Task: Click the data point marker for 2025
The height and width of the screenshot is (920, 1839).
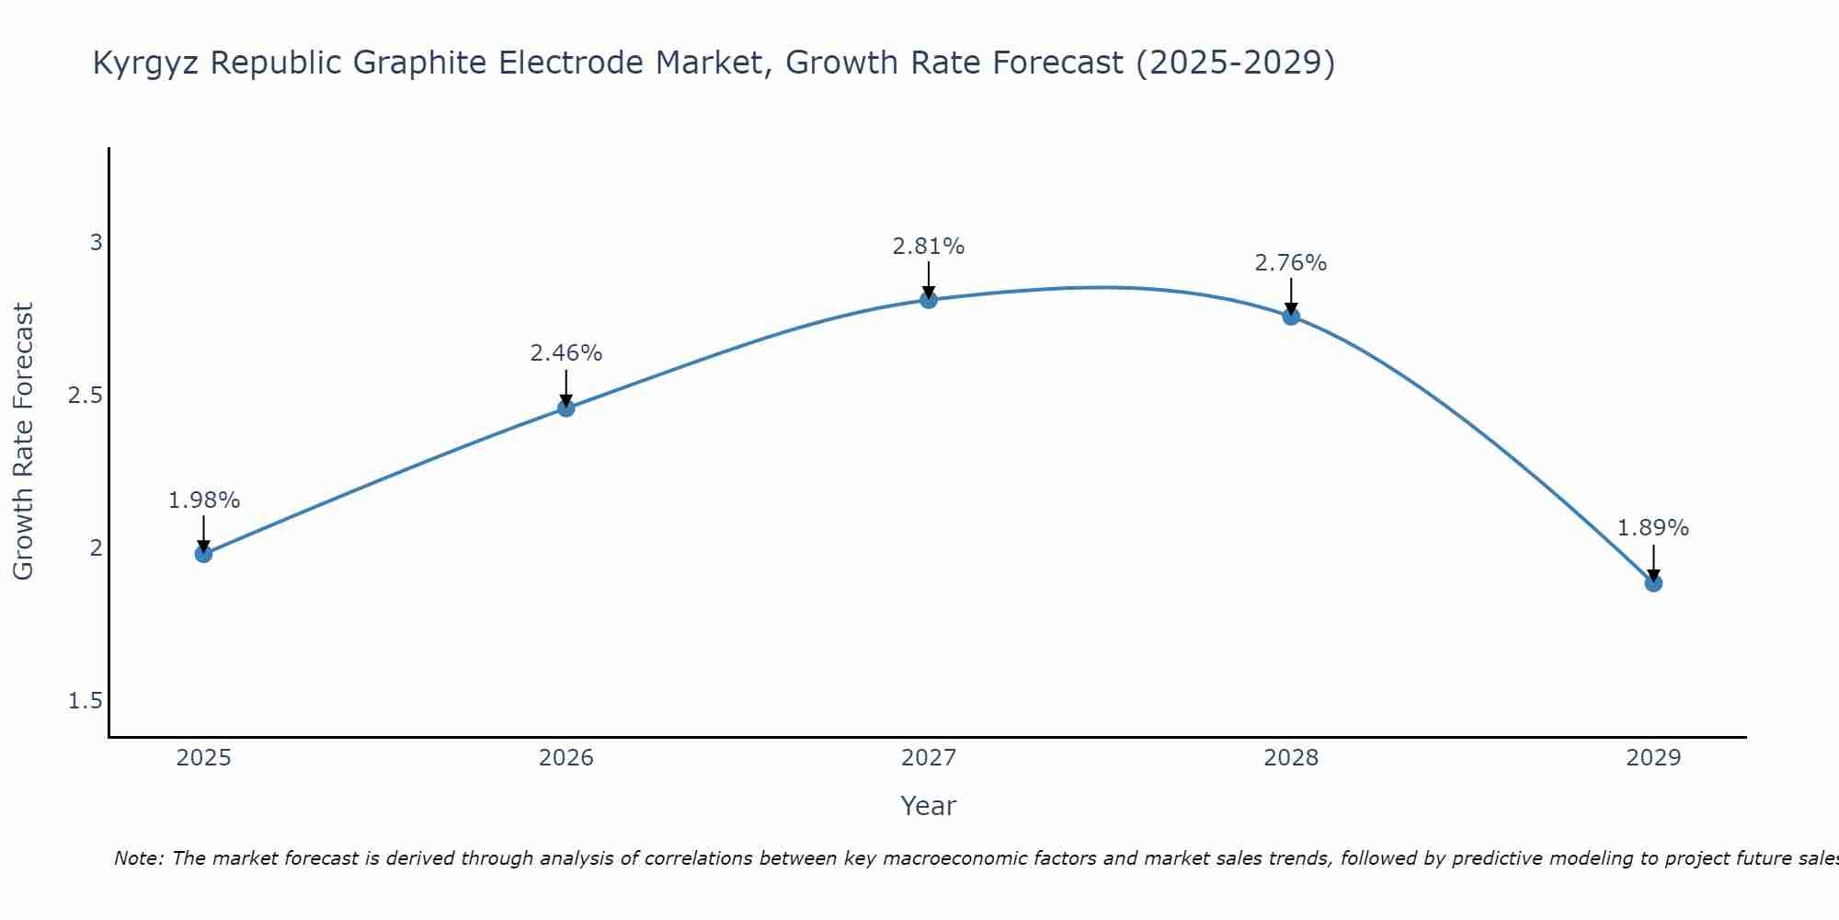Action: coord(203,554)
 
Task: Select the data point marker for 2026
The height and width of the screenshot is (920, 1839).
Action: coord(566,408)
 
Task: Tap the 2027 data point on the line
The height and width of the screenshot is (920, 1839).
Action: coord(929,300)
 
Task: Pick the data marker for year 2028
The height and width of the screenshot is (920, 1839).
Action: coord(1291,316)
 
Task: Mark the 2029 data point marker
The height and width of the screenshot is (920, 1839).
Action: coord(1653,583)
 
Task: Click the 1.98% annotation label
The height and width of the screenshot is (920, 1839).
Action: coord(203,500)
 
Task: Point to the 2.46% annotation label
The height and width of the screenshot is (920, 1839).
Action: coord(566,353)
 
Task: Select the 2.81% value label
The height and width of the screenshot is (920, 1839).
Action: coord(929,247)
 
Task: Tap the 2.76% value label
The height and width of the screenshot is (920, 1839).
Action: coord(1291,263)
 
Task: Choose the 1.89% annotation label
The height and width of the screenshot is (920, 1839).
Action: coord(1653,528)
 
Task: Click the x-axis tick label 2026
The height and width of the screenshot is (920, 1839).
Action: coord(566,758)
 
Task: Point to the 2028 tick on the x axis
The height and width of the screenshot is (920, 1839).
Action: coord(1291,758)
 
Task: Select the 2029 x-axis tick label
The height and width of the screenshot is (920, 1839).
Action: coord(1653,758)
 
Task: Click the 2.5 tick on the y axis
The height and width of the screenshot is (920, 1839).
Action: coord(85,396)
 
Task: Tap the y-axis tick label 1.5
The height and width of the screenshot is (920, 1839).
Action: coord(85,701)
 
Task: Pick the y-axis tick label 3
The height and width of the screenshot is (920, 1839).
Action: coord(96,243)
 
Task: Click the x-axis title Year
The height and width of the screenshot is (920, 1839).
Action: coord(929,806)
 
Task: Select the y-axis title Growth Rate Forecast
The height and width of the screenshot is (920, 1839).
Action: coord(23,442)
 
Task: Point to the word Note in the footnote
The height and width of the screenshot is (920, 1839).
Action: coord(138,858)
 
